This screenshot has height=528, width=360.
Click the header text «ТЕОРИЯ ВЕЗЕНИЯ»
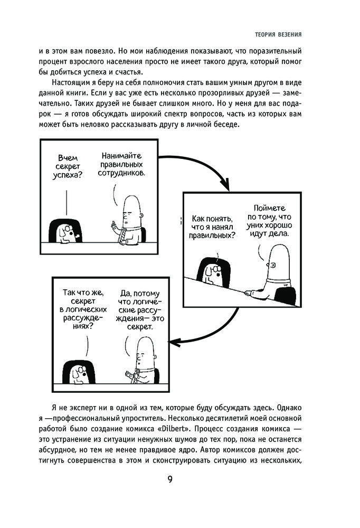click(x=278, y=35)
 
